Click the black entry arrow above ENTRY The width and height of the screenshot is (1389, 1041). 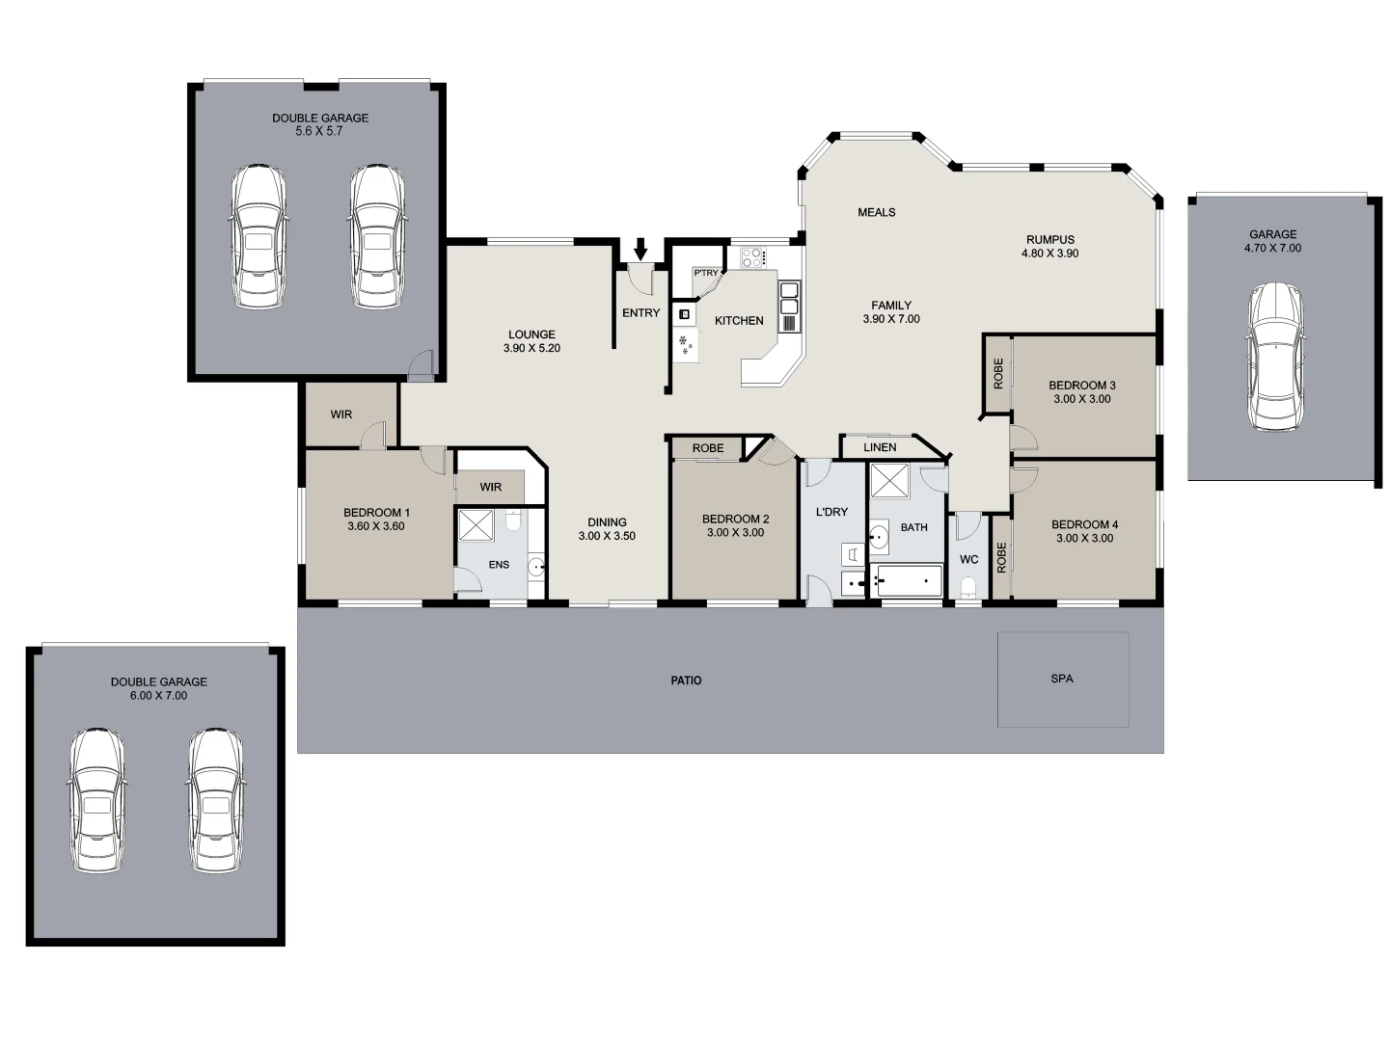click(x=640, y=250)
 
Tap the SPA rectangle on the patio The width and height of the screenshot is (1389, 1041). click(x=1062, y=679)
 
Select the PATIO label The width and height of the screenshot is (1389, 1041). click(x=686, y=681)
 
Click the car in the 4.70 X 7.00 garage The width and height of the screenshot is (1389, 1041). click(x=1274, y=358)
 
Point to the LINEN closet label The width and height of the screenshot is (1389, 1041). click(x=880, y=447)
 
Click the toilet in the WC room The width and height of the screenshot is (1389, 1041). click(x=969, y=588)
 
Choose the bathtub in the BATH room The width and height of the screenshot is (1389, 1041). click(x=908, y=580)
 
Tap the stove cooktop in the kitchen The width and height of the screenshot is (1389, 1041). click(x=752, y=257)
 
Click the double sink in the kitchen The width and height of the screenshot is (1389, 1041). click(x=789, y=306)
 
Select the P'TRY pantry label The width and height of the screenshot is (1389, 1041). click(x=705, y=274)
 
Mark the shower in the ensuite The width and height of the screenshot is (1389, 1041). click(x=476, y=526)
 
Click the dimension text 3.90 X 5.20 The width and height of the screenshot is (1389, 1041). click(x=531, y=348)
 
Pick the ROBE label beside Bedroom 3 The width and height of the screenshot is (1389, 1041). click(x=998, y=373)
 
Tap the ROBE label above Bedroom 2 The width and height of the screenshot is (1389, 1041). click(x=707, y=448)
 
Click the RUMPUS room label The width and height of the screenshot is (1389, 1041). click(x=1049, y=240)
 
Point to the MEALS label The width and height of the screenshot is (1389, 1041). click(x=876, y=212)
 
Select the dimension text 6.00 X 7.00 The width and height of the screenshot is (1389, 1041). click(x=159, y=695)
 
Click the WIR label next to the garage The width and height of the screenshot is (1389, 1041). click(x=341, y=414)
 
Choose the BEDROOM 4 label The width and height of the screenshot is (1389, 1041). click(x=1084, y=525)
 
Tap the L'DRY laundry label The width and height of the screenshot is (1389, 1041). click(x=831, y=512)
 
